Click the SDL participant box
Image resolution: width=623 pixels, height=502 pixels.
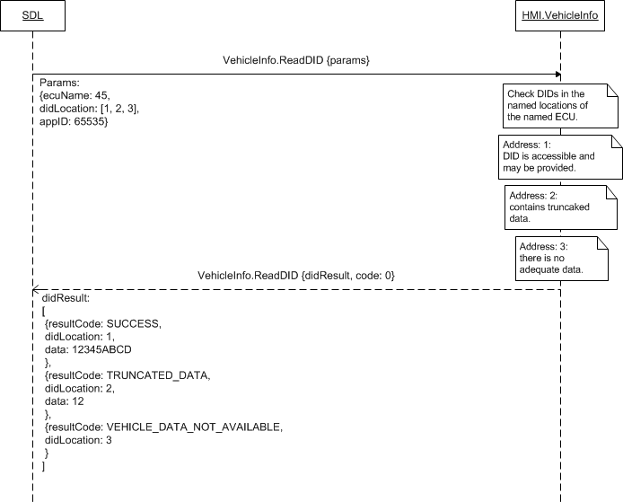(x=31, y=16)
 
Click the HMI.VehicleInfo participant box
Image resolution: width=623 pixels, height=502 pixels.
(x=561, y=16)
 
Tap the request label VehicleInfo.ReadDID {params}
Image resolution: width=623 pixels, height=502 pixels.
(x=296, y=60)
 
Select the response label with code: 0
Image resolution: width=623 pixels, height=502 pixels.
(x=296, y=274)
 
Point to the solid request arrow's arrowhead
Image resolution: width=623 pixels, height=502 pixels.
(x=558, y=74)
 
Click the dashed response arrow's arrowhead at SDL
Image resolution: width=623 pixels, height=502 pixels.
(x=35, y=289)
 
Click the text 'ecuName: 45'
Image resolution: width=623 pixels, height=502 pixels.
(x=75, y=94)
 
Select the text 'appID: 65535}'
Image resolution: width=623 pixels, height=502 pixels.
(x=75, y=121)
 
